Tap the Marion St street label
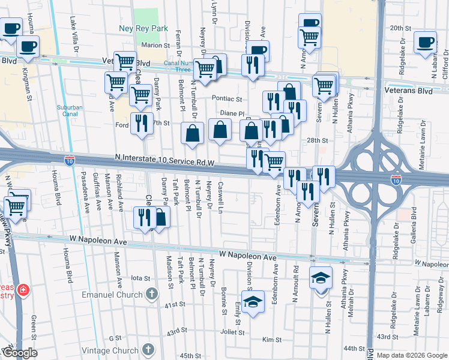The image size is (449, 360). pyautogui.click(x=155, y=45)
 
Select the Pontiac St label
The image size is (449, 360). pyautogui.click(x=226, y=98)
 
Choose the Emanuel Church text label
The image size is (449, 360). pyautogui.click(x=112, y=295)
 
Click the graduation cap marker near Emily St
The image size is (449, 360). pyautogui.click(x=253, y=300)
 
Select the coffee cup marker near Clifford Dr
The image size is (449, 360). pyautogui.click(x=426, y=43)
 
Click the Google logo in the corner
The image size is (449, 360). pyautogui.click(x=19, y=353)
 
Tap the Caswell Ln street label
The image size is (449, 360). pyautogui.click(x=221, y=198)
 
